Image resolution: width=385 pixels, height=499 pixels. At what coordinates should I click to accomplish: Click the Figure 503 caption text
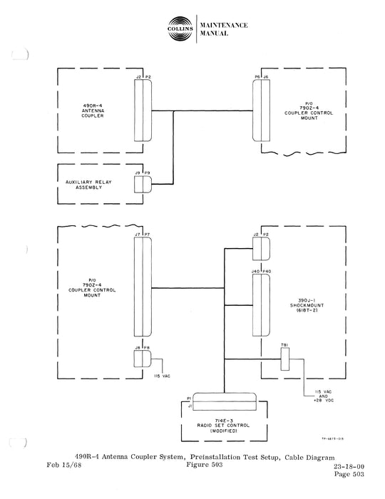[192, 466]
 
